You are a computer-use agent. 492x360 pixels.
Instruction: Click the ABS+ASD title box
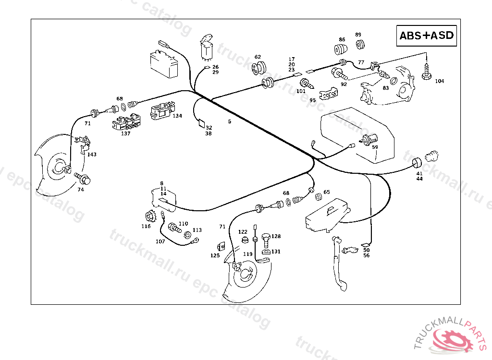(x=426, y=36)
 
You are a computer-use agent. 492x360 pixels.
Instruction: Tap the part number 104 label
(x=439, y=81)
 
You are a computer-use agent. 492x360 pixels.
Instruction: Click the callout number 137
(x=125, y=133)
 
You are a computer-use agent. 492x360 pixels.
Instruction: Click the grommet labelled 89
(x=359, y=45)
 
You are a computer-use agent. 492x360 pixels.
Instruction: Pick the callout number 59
(x=375, y=147)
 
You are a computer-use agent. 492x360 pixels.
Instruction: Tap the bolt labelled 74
(x=86, y=180)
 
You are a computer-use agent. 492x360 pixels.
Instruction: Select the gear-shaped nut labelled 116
(x=148, y=217)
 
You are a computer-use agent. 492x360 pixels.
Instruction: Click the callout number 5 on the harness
(x=230, y=121)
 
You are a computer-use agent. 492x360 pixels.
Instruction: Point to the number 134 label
(x=177, y=116)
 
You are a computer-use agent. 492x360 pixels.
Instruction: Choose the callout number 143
(x=91, y=154)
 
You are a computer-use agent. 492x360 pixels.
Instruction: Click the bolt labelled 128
(x=266, y=238)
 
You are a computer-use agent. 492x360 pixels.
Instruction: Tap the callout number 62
(x=258, y=57)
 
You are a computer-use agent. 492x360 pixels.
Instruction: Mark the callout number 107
(x=160, y=241)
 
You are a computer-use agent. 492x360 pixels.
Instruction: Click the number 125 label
(x=215, y=256)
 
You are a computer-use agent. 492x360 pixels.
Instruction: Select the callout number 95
(x=313, y=100)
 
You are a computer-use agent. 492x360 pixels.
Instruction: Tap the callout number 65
(x=327, y=192)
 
